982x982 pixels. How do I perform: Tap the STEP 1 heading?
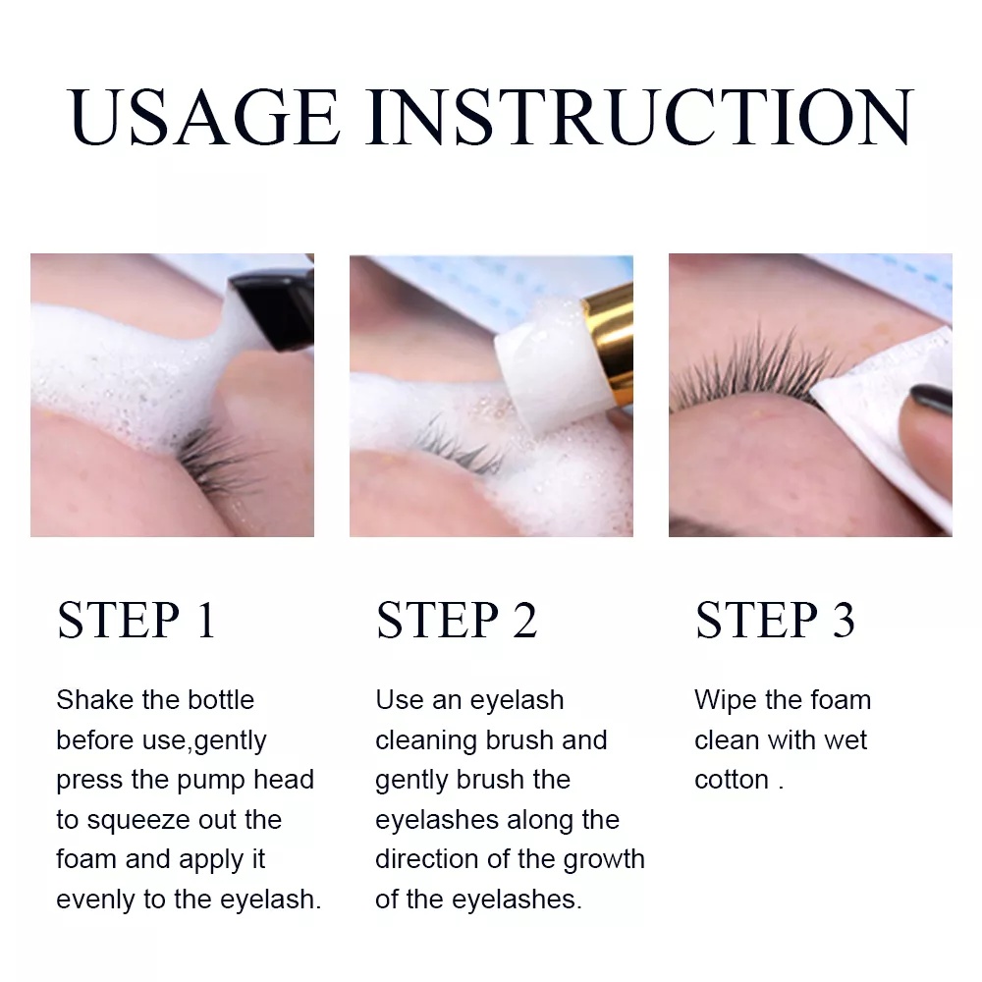(x=136, y=621)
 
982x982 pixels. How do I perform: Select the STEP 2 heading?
(x=457, y=621)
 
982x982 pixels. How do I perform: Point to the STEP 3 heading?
(x=775, y=621)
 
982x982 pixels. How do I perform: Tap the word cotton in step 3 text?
(x=732, y=780)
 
